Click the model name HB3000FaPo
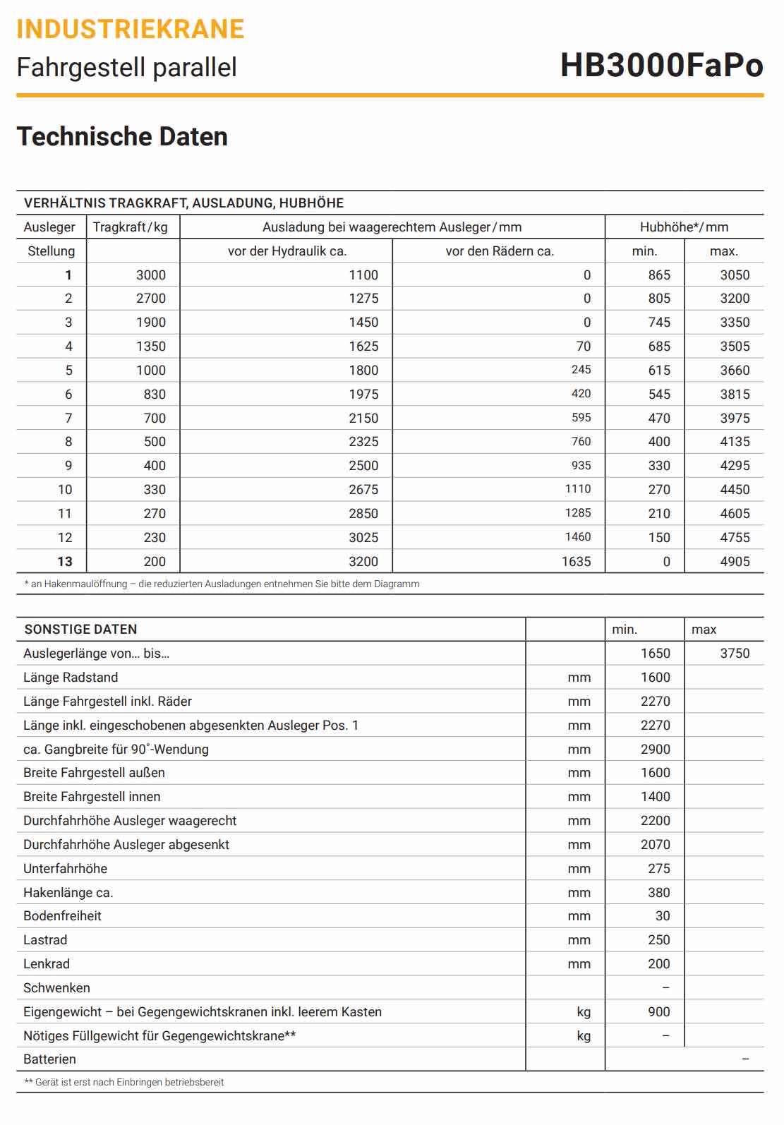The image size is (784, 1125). (x=661, y=66)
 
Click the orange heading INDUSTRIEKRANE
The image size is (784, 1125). (x=131, y=29)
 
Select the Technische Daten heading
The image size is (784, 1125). (x=122, y=137)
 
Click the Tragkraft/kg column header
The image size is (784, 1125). (x=131, y=227)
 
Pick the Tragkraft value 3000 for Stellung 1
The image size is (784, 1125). (x=151, y=275)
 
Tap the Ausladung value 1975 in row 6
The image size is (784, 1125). (x=363, y=395)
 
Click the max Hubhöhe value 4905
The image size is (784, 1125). (x=735, y=562)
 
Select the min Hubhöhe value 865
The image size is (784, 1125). (x=659, y=275)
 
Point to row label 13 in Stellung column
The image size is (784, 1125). (x=65, y=562)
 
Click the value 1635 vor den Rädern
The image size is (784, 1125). (x=576, y=562)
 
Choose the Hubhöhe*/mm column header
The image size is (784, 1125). (x=684, y=227)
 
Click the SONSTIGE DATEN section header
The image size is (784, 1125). (x=80, y=630)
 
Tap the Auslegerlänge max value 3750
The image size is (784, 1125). (x=735, y=654)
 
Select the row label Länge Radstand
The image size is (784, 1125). (x=71, y=678)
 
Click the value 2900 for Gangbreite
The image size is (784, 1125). (x=656, y=750)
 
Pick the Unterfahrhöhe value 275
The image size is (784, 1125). (x=659, y=869)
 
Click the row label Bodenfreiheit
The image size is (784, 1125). (x=62, y=916)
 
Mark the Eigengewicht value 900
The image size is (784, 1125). (x=659, y=1012)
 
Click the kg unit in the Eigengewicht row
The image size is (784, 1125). (x=584, y=1012)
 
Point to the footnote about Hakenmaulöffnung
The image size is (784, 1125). (x=222, y=584)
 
